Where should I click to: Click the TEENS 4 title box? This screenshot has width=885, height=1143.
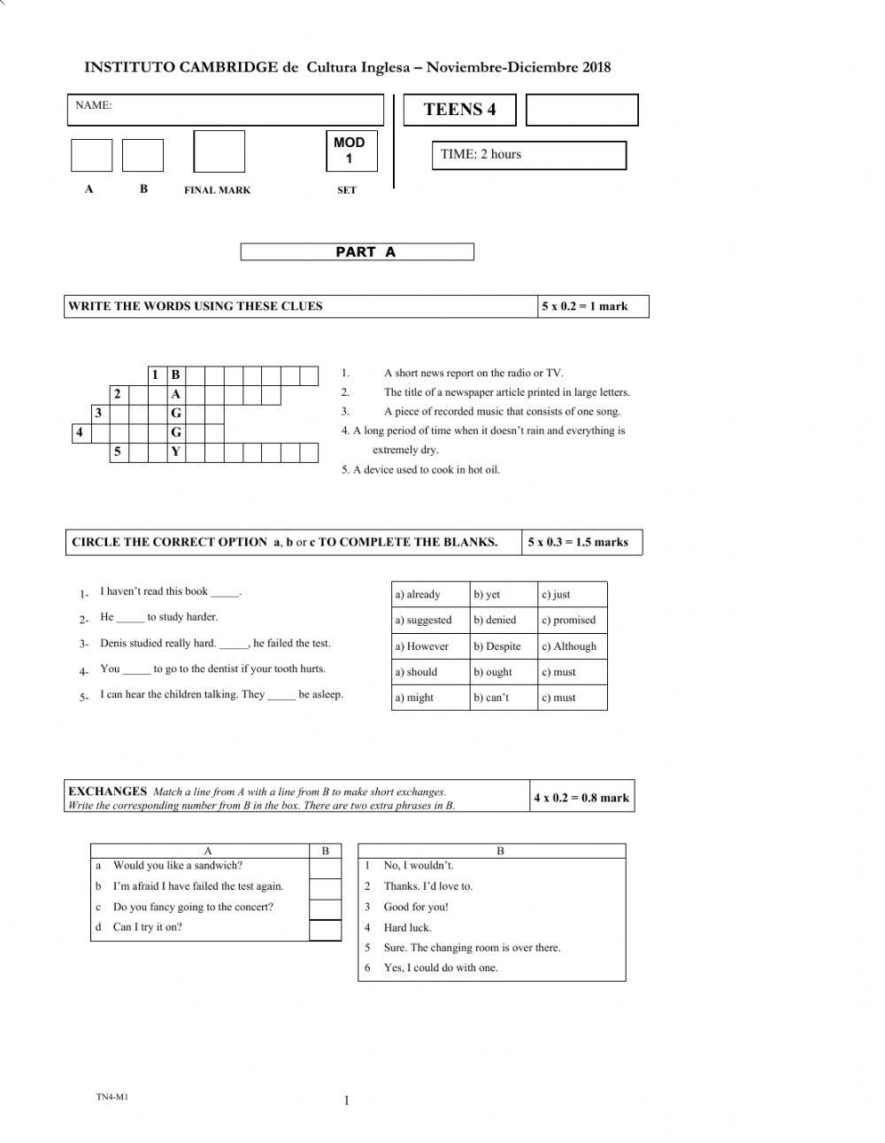(x=459, y=110)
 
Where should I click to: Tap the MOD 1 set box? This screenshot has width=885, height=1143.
(x=350, y=151)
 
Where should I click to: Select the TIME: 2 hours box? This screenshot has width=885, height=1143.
(x=528, y=155)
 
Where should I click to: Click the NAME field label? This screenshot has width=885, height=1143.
(x=94, y=105)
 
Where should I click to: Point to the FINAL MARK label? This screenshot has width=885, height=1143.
(x=217, y=190)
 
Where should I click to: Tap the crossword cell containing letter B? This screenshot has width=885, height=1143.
(x=176, y=375)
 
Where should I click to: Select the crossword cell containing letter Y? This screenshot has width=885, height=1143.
(x=176, y=452)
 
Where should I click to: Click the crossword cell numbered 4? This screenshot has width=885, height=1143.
(x=81, y=433)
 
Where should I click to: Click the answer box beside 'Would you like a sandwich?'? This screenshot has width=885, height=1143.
(x=325, y=868)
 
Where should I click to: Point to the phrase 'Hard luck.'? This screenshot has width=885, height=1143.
(x=407, y=928)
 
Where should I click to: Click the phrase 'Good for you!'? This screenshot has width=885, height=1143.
(x=416, y=907)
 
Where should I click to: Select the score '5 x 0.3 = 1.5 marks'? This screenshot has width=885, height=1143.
(x=578, y=543)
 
